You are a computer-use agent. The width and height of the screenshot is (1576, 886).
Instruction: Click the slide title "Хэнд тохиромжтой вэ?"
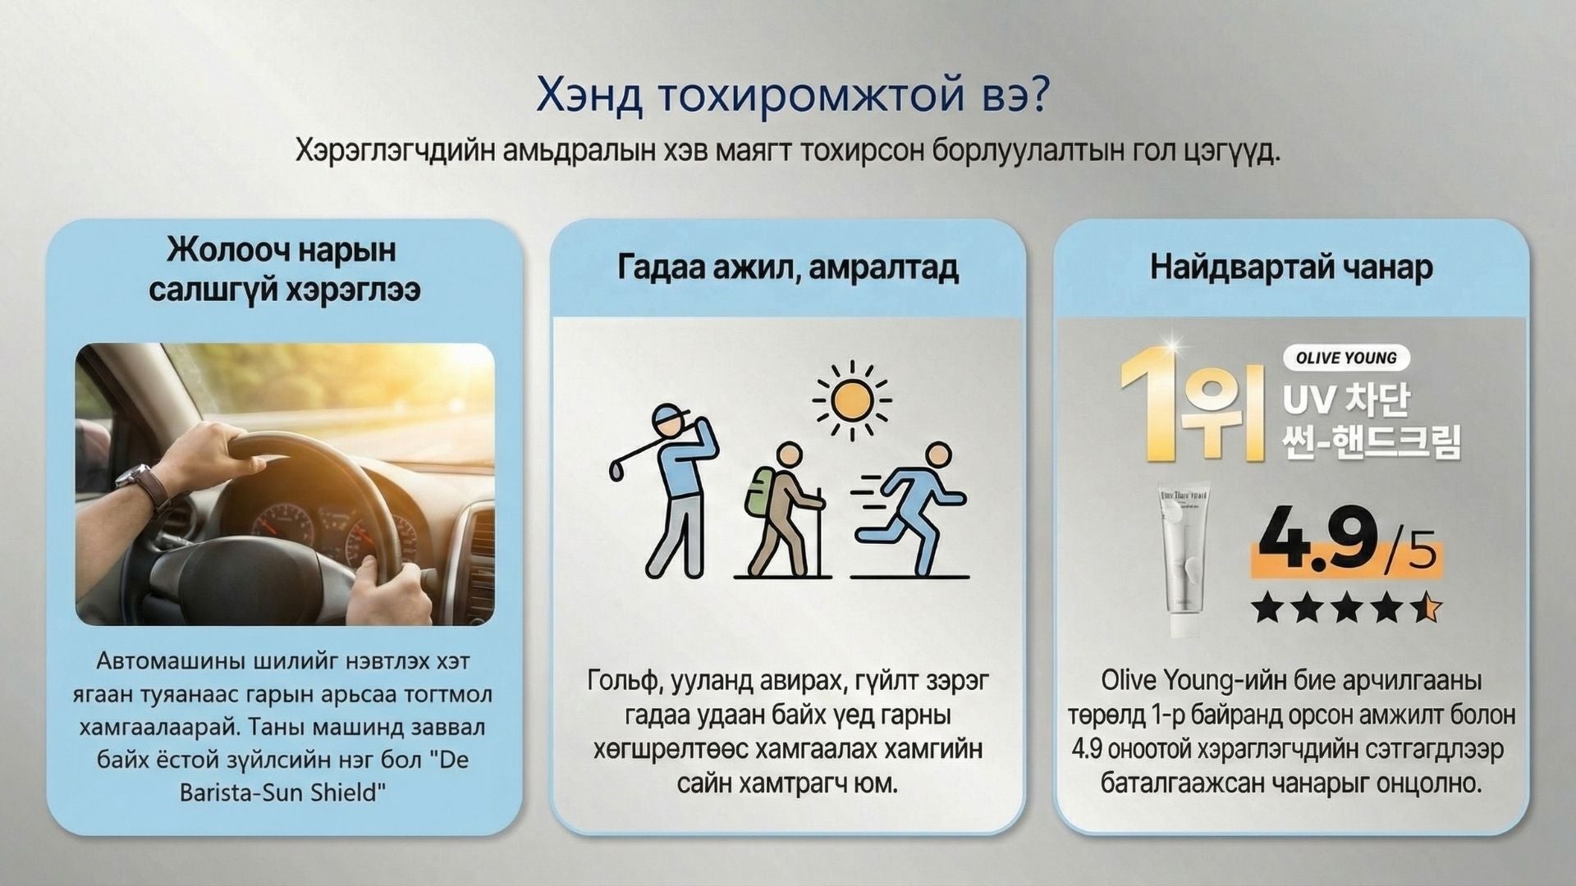point(792,96)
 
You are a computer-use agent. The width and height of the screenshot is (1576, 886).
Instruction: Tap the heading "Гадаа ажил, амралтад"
point(788,268)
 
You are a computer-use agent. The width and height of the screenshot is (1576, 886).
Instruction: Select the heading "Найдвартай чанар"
point(1291,267)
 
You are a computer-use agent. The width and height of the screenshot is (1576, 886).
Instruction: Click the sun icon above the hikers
point(852,400)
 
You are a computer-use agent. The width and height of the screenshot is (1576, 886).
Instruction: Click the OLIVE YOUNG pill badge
point(1346,358)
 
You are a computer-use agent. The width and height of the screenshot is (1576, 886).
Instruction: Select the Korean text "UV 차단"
point(1347,401)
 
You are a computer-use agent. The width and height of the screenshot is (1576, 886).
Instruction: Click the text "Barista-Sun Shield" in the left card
point(282,793)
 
